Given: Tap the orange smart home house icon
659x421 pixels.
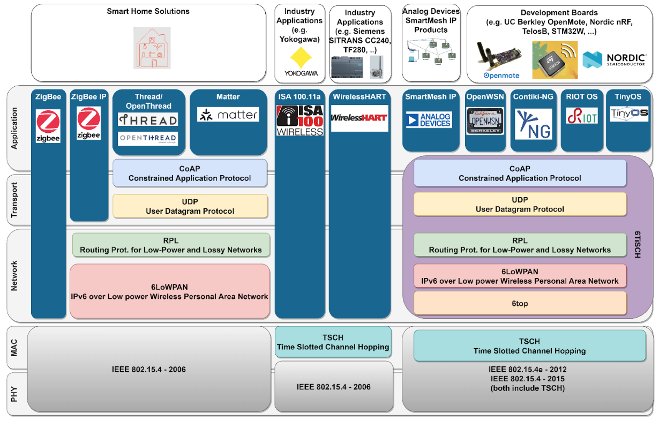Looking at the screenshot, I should (152, 48).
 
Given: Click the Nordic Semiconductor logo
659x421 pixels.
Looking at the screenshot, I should (614, 59).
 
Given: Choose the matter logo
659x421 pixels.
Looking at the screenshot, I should (228, 114).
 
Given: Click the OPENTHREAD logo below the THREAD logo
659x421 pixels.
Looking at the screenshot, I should (148, 138).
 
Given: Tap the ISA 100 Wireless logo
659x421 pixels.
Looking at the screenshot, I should (300, 120).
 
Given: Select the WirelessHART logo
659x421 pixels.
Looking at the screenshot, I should (359, 118).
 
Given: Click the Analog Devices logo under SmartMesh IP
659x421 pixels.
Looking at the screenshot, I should (429, 119).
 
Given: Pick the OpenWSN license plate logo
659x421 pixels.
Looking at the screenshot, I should (485, 121).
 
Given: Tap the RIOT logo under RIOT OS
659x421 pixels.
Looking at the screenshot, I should (582, 115).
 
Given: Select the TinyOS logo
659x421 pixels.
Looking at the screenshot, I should (629, 114).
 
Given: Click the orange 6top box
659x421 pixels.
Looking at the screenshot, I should (520, 303).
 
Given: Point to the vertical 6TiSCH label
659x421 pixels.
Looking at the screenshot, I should (638, 245).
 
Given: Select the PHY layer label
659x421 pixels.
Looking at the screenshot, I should (15, 394).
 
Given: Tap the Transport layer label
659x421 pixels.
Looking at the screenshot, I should (15, 200).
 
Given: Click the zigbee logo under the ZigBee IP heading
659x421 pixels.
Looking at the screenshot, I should (88, 123).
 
